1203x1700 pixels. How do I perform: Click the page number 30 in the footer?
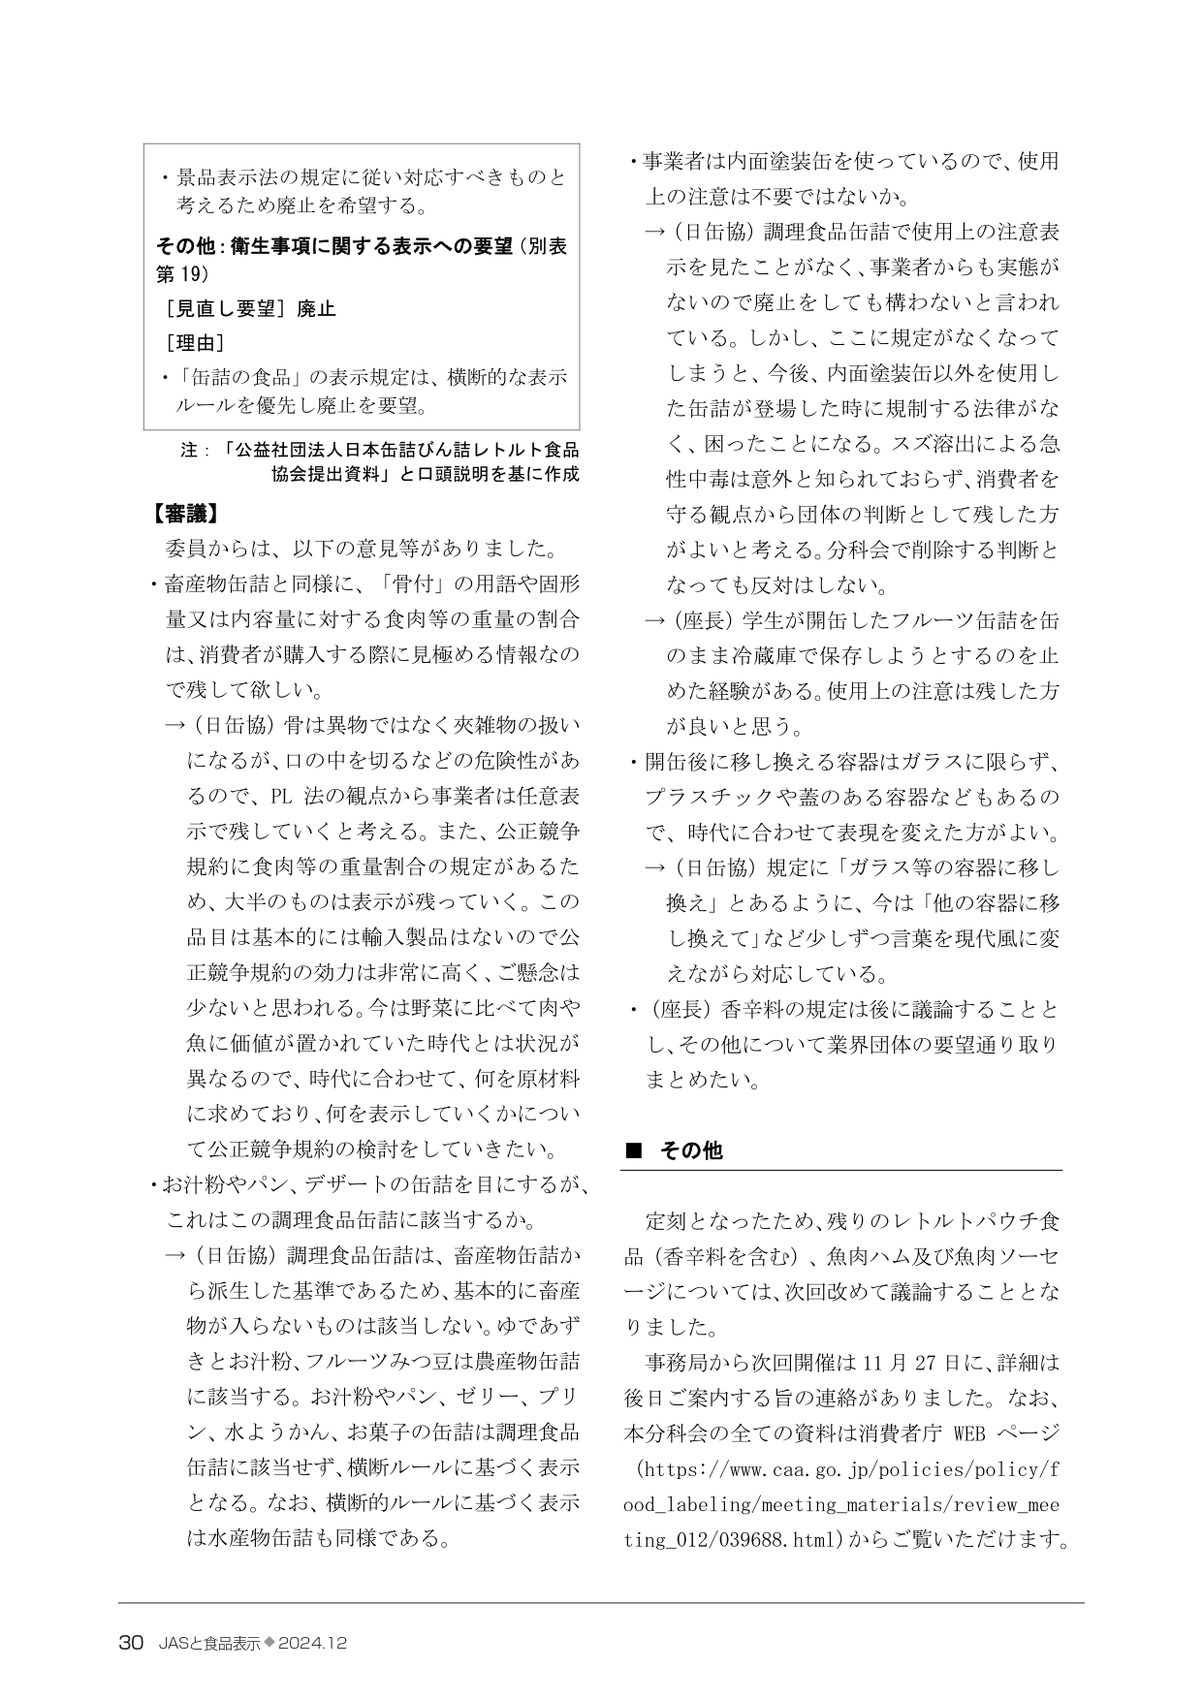click(x=132, y=1643)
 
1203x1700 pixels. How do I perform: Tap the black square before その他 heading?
click(x=634, y=1150)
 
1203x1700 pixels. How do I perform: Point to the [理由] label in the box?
click(x=195, y=343)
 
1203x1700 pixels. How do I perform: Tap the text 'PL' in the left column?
click(x=281, y=796)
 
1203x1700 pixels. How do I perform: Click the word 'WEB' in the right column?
click(x=972, y=1432)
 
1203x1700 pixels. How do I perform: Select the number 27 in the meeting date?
click(x=926, y=1362)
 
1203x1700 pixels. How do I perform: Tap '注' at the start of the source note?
click(x=189, y=450)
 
